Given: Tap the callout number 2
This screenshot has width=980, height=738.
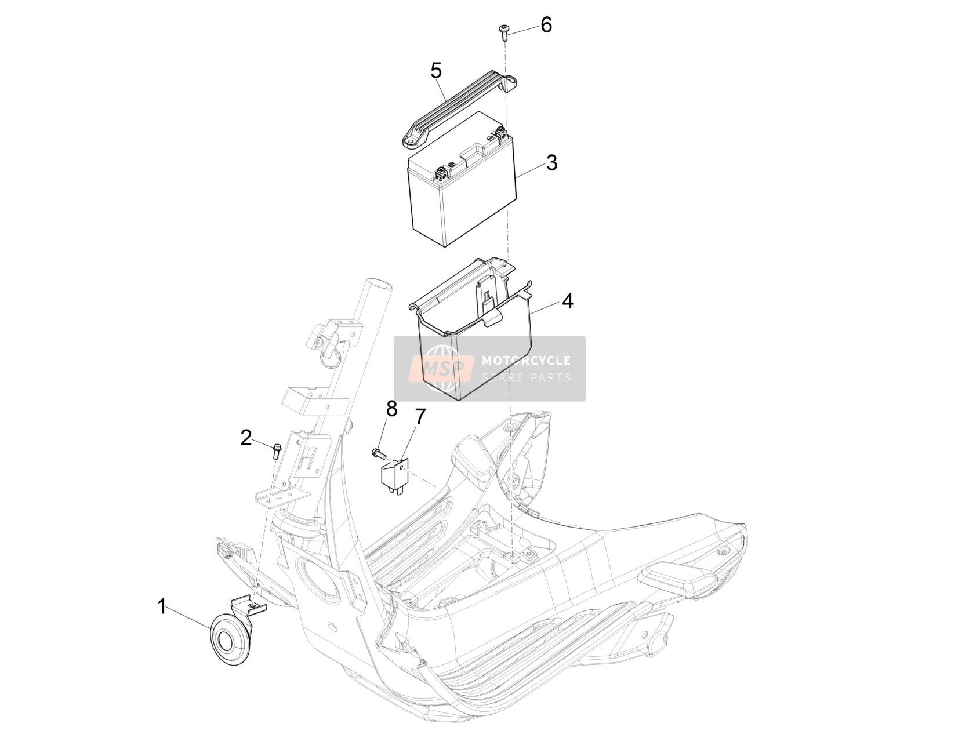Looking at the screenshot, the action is [246, 438].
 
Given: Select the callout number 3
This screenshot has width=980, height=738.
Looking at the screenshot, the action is [551, 163].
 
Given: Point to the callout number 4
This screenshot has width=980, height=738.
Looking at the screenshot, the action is [567, 301].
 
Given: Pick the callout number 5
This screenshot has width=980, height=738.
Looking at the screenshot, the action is [436, 71].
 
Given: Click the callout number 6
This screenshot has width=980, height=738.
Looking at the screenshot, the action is [546, 25].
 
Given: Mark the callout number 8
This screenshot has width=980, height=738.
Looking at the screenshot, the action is [391, 409].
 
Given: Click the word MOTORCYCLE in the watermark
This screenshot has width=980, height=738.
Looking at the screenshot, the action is [526, 361].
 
